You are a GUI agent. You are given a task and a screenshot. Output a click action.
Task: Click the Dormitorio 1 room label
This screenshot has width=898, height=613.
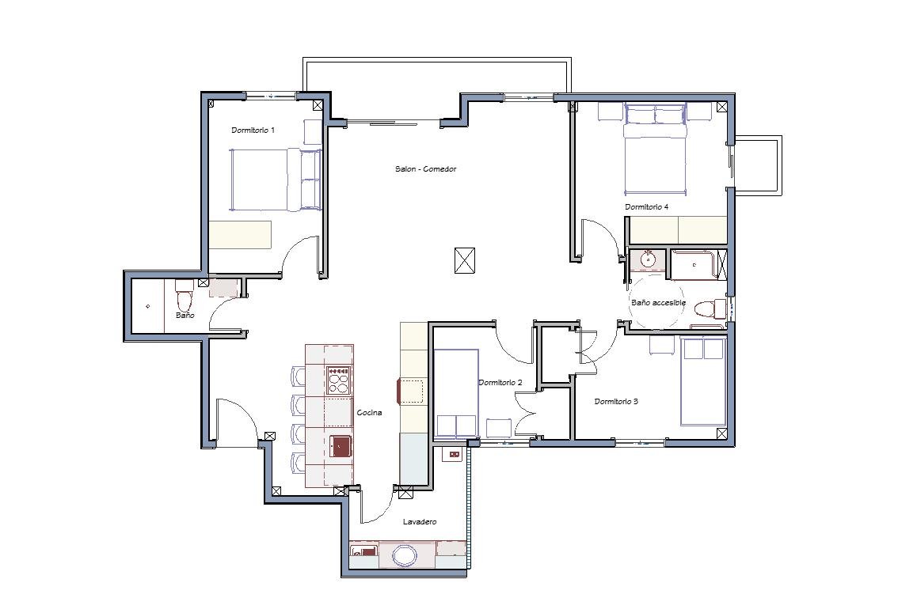(x=253, y=131)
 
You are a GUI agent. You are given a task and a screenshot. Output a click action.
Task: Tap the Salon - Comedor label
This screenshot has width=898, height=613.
(x=425, y=168)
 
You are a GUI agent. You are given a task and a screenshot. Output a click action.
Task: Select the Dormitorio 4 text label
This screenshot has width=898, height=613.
(x=647, y=207)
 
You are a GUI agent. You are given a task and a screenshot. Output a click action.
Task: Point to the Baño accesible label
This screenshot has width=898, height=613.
(x=658, y=303)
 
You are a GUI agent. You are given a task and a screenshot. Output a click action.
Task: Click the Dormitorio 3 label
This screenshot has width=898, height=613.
(x=616, y=402)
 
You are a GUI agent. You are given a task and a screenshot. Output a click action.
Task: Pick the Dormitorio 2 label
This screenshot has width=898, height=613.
(x=500, y=383)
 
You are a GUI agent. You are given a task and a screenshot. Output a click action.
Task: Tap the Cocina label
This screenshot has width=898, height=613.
(x=369, y=412)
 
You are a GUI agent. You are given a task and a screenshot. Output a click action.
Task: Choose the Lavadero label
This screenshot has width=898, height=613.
(x=420, y=521)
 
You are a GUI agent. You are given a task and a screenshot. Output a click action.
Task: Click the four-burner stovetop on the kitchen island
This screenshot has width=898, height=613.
(x=338, y=380)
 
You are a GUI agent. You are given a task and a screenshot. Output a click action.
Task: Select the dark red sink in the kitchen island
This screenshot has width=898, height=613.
(x=341, y=446)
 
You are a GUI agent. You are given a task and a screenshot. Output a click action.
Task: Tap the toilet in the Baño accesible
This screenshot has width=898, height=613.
(x=710, y=309)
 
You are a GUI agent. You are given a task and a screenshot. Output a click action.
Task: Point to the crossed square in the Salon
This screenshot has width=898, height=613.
(x=465, y=261)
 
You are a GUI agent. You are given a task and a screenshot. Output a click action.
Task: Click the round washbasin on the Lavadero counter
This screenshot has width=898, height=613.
(x=405, y=554)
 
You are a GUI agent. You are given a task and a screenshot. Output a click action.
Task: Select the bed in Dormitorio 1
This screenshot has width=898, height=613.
(x=276, y=180)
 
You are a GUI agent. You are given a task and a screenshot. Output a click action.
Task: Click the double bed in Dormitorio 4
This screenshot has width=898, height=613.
(x=655, y=149)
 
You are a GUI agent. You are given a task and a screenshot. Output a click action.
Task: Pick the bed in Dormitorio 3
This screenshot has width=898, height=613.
(x=703, y=381)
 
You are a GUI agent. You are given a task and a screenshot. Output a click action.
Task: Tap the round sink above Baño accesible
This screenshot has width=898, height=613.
(x=648, y=260)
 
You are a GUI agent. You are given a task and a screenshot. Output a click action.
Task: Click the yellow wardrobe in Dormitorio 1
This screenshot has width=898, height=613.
(x=239, y=234)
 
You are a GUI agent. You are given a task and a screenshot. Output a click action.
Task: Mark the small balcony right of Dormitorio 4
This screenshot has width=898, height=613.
(x=757, y=165)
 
